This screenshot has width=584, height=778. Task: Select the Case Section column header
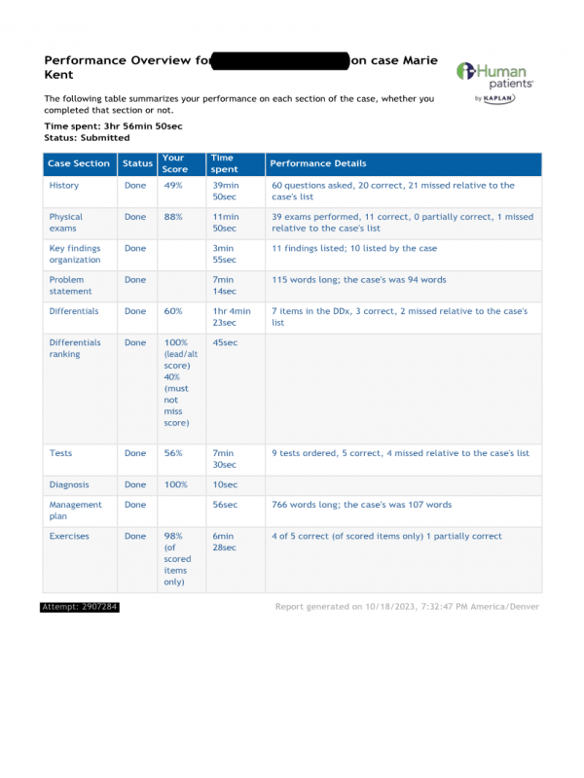coord(79,164)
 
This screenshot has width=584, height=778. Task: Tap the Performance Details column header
coord(318,164)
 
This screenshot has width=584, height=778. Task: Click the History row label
coord(64,185)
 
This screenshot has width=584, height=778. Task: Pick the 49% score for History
coord(173,185)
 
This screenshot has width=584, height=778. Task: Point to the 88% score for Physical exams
coord(173,217)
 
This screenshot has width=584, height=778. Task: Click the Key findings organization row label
coord(75,254)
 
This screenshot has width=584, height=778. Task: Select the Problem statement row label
coord(71,285)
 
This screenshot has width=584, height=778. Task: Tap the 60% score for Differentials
coord(173,311)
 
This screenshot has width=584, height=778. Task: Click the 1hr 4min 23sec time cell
coord(231,317)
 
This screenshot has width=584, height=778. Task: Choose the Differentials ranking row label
coord(78,348)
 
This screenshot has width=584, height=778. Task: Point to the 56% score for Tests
coord(173,453)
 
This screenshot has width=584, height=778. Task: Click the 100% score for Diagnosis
coord(175,484)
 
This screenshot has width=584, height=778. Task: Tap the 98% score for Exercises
coord(174,536)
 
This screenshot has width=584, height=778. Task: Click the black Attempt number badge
coord(80,607)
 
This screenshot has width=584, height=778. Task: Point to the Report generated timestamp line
coord(407,607)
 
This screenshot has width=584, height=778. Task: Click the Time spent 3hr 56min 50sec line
coord(113,126)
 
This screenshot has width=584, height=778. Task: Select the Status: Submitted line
coord(87,138)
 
